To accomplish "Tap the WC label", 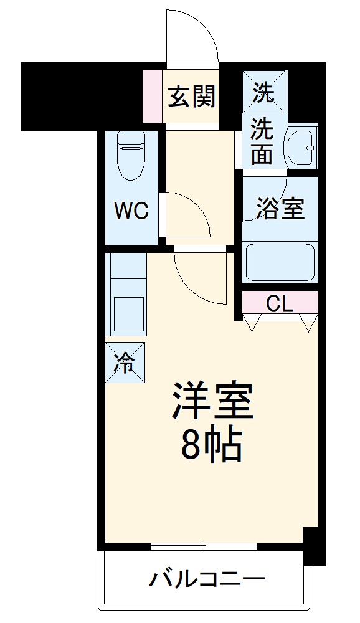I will (x=131, y=211).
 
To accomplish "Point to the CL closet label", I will (x=280, y=303).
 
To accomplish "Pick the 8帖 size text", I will (x=212, y=443).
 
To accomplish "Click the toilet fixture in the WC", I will (x=131, y=156).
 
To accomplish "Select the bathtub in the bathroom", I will (x=280, y=262).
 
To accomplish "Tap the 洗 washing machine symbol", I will (x=264, y=94).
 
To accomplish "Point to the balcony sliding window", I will (x=204, y=547).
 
